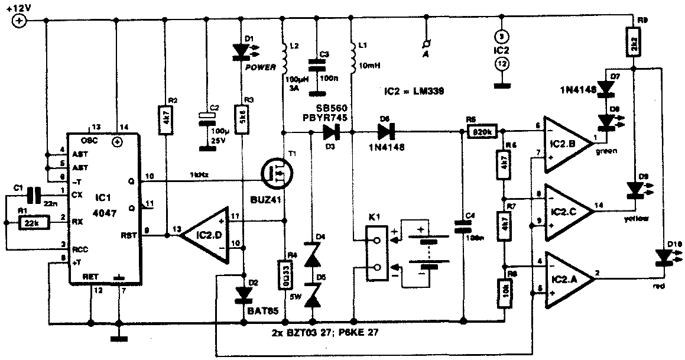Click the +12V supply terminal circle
(x=19, y=21)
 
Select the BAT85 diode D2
(x=242, y=293)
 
